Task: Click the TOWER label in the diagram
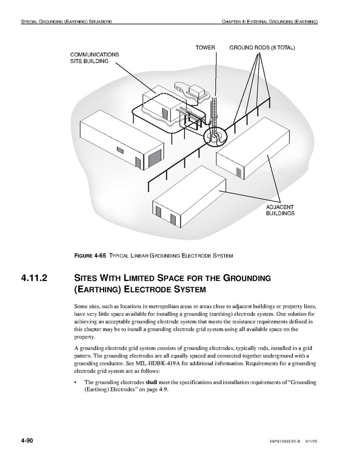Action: (x=205, y=48)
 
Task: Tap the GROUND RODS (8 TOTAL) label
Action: (x=262, y=48)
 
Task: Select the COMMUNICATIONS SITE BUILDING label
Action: (x=95, y=58)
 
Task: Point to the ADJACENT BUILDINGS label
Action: (x=280, y=210)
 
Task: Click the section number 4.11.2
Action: (x=34, y=278)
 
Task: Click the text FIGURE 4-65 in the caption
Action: (x=91, y=256)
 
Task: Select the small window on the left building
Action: (x=120, y=150)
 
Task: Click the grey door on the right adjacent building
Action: (x=238, y=172)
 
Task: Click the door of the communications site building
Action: (x=165, y=113)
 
